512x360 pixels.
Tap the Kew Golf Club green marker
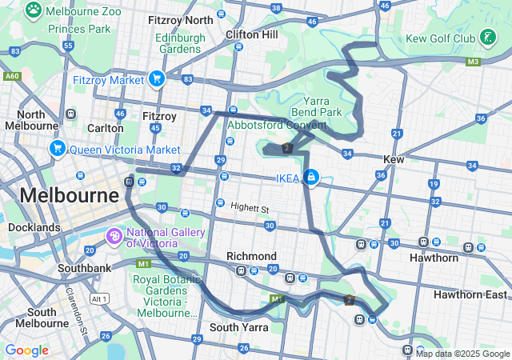tap(487, 37)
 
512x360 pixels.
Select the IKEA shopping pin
tap(310, 178)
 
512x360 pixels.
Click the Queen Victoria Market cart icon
tap(57, 149)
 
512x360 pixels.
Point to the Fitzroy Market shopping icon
tap(156, 79)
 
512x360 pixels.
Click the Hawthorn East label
tap(470, 294)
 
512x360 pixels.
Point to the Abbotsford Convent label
tap(277, 125)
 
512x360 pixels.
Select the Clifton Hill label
tap(251, 35)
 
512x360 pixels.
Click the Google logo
tap(26, 350)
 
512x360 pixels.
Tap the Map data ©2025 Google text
tap(462, 354)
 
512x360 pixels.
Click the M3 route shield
tap(473, 61)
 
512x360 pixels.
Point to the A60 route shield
tap(12, 76)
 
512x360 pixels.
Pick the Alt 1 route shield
tap(99, 299)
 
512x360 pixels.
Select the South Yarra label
tap(236, 327)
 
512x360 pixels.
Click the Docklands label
tap(34, 228)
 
